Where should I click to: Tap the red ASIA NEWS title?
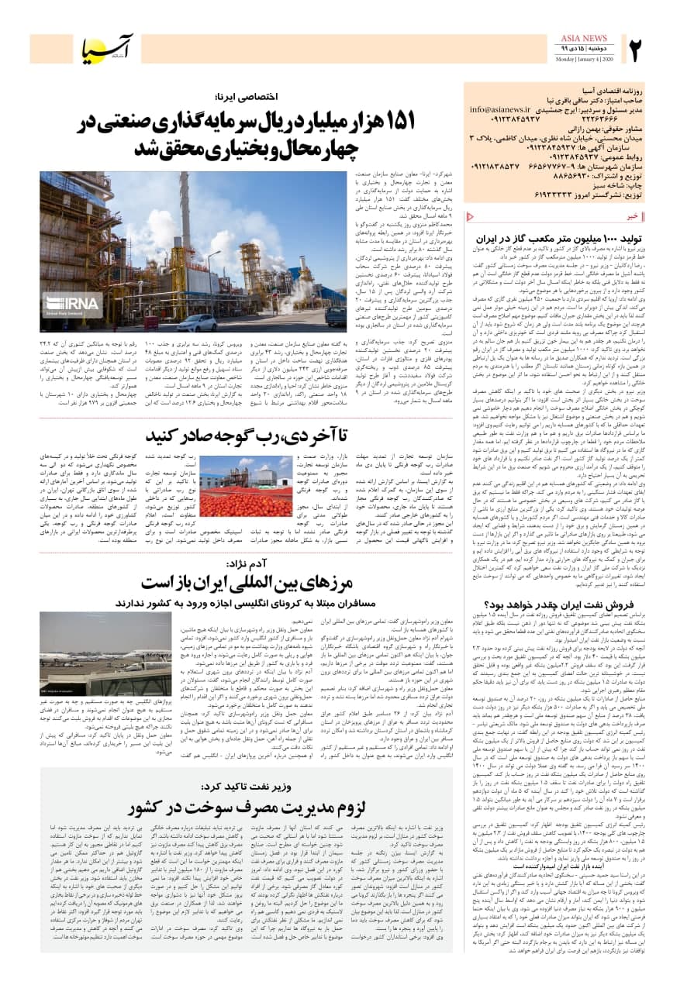click(x=582, y=38)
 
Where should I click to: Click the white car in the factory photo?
click(x=196, y=322)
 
